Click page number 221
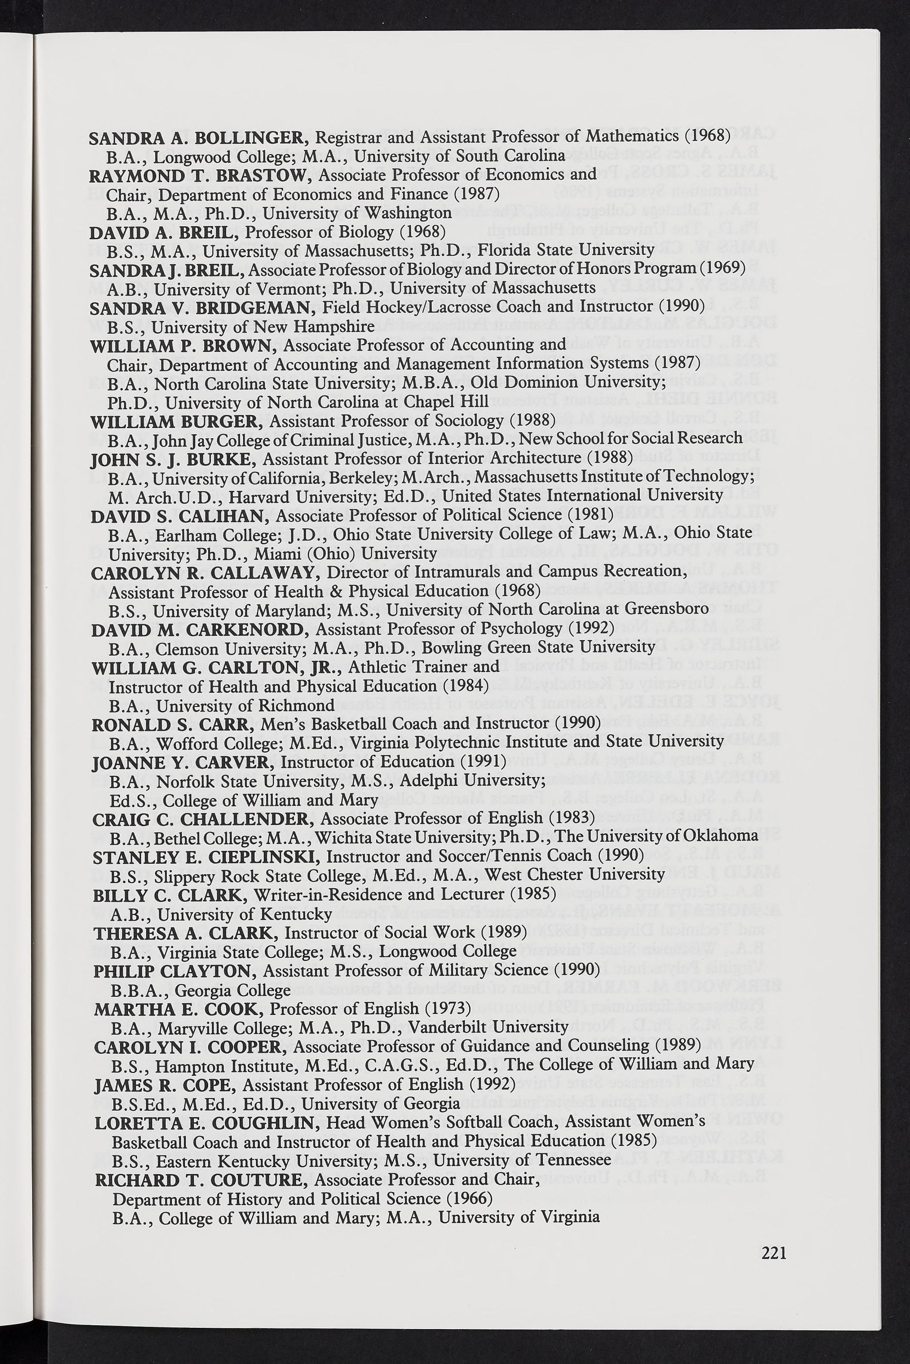[x=774, y=1254]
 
